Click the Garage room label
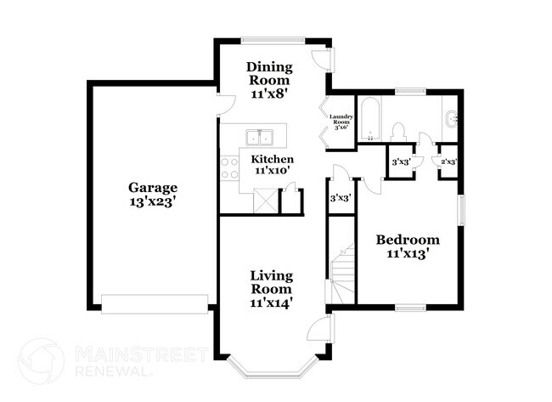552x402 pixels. (x=153, y=187)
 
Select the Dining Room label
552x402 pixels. (x=270, y=73)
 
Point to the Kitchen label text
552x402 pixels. (x=272, y=159)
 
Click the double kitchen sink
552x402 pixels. (x=259, y=137)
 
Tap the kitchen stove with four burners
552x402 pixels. (x=229, y=167)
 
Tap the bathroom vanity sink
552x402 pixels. (x=451, y=118)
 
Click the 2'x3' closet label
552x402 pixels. (x=448, y=161)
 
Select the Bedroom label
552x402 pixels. (x=408, y=239)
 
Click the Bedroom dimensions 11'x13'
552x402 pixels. (x=408, y=253)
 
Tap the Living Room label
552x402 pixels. (x=272, y=282)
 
